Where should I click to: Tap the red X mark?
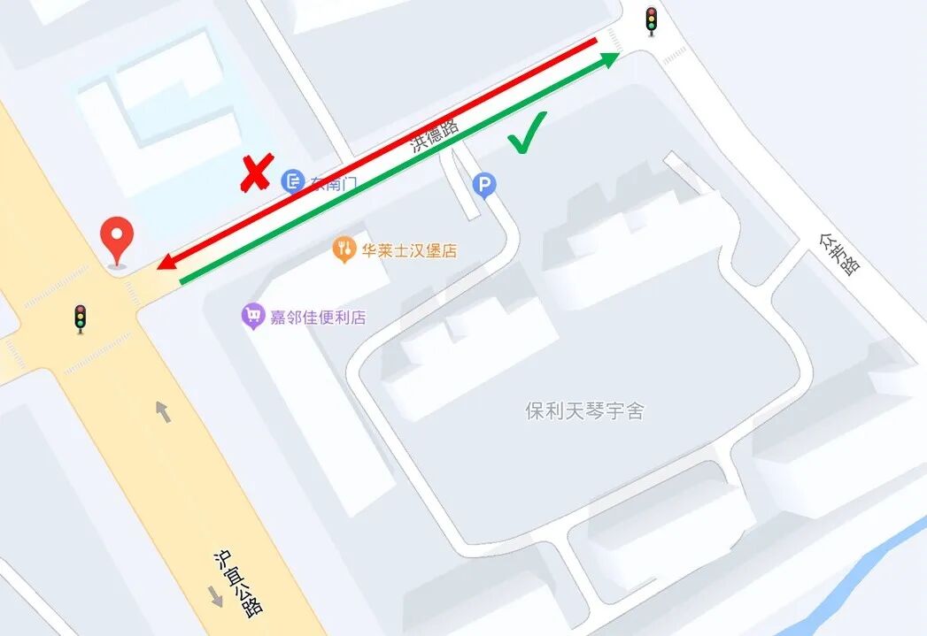(x=256, y=173)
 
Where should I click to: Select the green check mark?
(x=527, y=133)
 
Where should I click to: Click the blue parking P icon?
(x=484, y=185)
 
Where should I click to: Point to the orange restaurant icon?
(x=344, y=250)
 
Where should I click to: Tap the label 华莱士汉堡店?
(x=409, y=250)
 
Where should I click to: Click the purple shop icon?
(x=253, y=316)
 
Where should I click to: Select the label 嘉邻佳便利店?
(x=318, y=317)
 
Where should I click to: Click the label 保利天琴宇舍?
(x=585, y=410)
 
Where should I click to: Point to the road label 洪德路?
(x=435, y=135)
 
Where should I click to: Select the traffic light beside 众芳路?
(x=652, y=20)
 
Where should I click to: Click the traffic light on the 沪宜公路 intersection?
(x=81, y=318)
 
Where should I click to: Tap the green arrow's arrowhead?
(x=610, y=59)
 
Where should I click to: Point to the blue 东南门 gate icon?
(x=292, y=182)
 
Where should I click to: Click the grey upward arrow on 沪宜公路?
(x=164, y=410)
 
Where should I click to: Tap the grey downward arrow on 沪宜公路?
(x=215, y=595)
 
